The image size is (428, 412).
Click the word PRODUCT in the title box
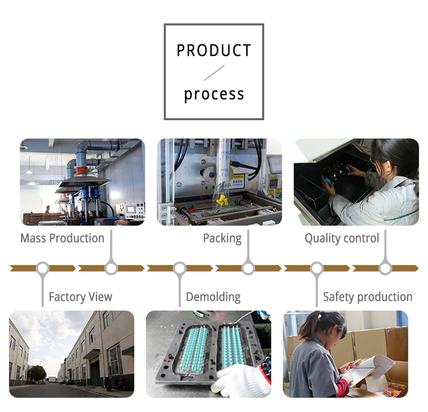click(x=214, y=51)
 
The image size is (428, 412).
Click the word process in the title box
click(x=214, y=94)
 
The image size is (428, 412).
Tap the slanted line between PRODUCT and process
click(x=214, y=73)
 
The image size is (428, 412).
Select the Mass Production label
click(x=62, y=238)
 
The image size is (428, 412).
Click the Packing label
click(x=222, y=238)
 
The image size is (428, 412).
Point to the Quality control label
click(x=342, y=238)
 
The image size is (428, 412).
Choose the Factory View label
click(x=80, y=297)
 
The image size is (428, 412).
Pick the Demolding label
click(x=213, y=297)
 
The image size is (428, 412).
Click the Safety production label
click(x=368, y=297)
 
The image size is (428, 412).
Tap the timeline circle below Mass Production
click(x=111, y=268)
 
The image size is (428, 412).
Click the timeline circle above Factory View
click(x=43, y=268)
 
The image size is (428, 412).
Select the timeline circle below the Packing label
click(x=248, y=268)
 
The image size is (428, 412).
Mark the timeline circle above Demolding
click(x=180, y=268)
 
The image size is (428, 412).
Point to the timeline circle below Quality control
click(x=385, y=268)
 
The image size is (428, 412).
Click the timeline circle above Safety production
click(x=317, y=268)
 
